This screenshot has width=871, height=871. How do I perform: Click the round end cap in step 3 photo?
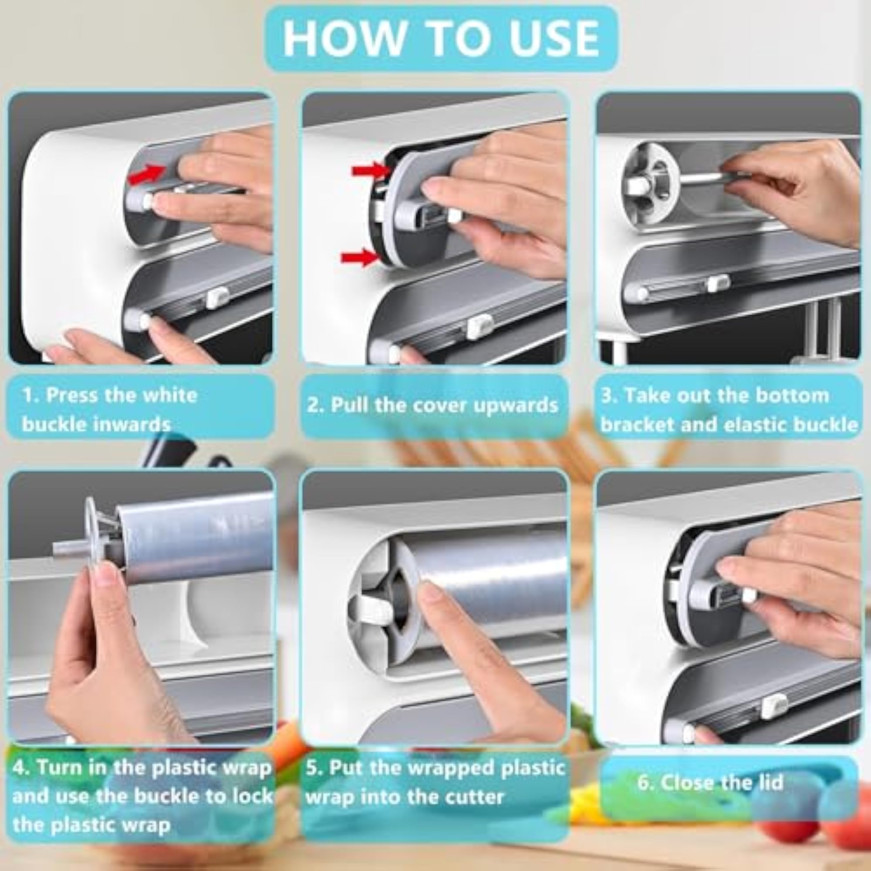[649, 187]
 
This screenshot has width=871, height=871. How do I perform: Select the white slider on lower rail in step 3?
[718, 283]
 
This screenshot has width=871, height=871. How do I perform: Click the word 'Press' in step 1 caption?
[72, 395]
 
